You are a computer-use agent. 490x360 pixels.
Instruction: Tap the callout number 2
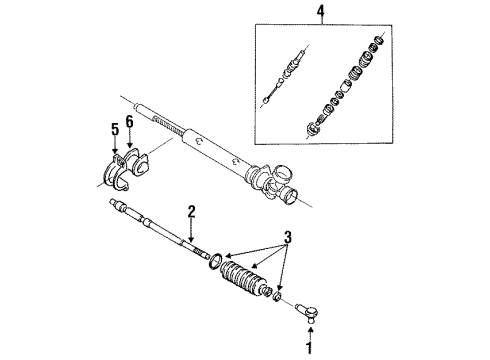tap(192, 212)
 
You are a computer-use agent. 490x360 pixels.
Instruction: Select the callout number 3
tap(288, 237)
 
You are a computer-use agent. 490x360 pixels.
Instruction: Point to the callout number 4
tap(321, 11)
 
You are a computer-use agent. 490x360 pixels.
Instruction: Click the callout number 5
tap(115, 129)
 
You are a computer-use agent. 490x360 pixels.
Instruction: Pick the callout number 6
tap(129, 122)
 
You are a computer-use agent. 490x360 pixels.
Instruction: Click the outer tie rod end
tap(308, 311)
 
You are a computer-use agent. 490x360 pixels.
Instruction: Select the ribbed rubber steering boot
tap(245, 278)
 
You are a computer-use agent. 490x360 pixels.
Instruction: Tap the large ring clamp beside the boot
tap(215, 260)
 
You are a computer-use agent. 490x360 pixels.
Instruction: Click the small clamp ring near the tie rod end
tap(277, 295)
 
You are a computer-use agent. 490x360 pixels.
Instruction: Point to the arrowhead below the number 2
tap(191, 239)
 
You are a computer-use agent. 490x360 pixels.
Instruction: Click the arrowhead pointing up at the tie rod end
tap(310, 330)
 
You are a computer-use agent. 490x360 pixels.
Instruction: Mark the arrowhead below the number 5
tap(115, 151)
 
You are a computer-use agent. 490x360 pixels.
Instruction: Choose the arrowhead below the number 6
tap(129, 145)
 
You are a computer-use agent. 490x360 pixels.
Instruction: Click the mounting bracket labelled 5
tap(115, 173)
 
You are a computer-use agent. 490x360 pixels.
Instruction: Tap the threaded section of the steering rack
tap(168, 124)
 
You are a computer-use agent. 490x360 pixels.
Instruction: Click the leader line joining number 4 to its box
tap(322, 21)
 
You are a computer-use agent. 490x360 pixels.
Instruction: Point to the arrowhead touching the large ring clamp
tap(228, 256)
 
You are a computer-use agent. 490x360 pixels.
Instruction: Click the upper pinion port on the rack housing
tap(282, 173)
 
